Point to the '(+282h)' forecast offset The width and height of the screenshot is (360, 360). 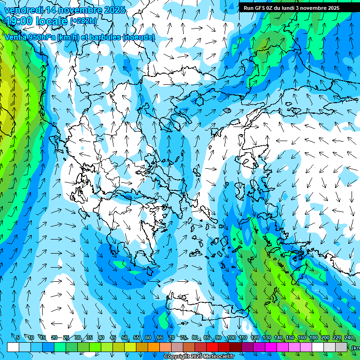click(x=83, y=21)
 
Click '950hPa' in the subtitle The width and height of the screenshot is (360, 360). click(x=40, y=37)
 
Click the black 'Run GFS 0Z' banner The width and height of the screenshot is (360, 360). click(x=295, y=7)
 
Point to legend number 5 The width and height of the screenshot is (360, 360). click(x=18, y=338)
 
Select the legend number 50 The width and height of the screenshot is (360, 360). click(x=125, y=338)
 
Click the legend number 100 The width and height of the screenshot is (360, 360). click(x=231, y=338)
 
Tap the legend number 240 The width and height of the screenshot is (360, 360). click(x=348, y=338)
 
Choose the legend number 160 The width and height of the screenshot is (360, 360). click(x=301, y=338)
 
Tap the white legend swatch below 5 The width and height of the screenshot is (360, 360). click(x=13, y=347)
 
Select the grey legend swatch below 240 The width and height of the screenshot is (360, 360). click(x=341, y=347)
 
